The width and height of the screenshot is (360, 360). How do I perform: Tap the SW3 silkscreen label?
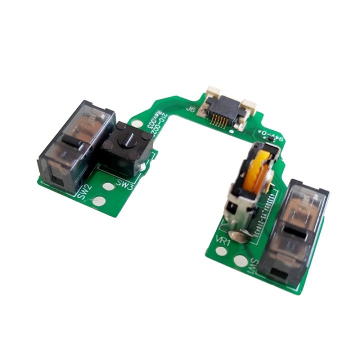[124, 184]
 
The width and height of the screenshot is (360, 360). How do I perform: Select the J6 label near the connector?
[190, 108]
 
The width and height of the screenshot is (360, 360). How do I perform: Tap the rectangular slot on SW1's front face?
[277, 272]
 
